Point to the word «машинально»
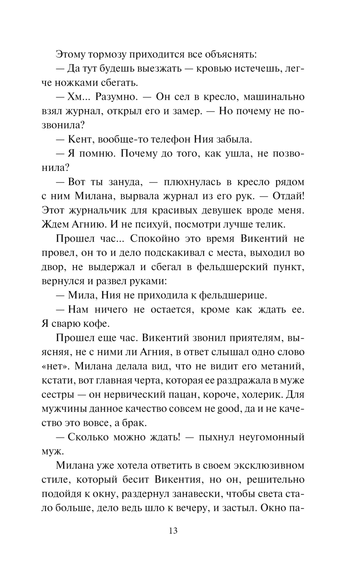pyautogui.click(x=274, y=97)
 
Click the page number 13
pyautogui.click(x=173, y=531)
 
